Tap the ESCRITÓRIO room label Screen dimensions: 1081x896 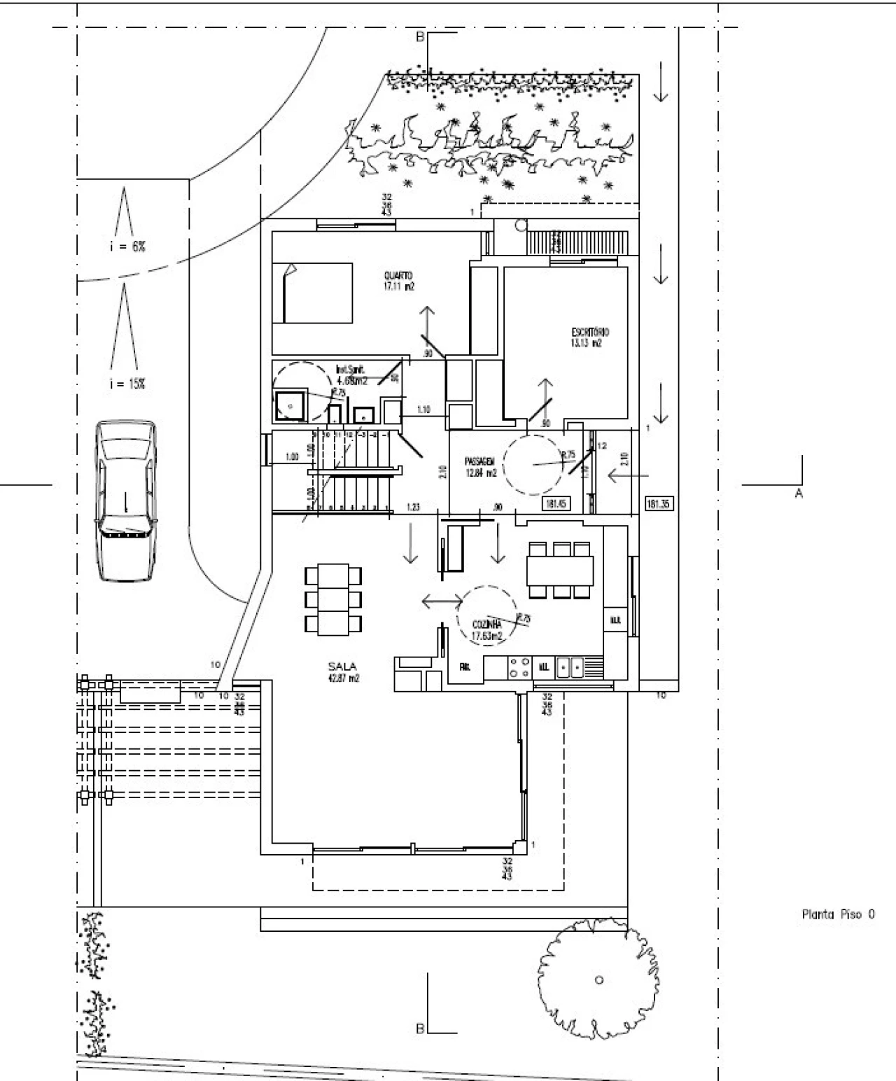tap(589, 332)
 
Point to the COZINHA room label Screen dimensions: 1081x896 tap(486, 624)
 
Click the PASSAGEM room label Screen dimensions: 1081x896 tap(479, 461)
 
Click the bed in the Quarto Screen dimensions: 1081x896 tap(312, 293)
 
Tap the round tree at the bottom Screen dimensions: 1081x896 tap(598, 979)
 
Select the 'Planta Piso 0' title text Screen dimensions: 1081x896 tap(837, 914)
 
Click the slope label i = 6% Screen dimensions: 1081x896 tap(127, 246)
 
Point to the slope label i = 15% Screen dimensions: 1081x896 tap(127, 384)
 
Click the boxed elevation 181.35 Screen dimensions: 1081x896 tap(658, 503)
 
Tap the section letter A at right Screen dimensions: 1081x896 tap(798, 494)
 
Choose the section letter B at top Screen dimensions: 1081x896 tap(420, 37)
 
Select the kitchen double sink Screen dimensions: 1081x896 tap(570, 668)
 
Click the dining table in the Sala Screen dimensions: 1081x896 tap(334, 599)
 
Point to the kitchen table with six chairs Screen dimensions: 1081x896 tap(560, 569)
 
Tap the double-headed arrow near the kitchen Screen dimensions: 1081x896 tap(442, 601)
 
